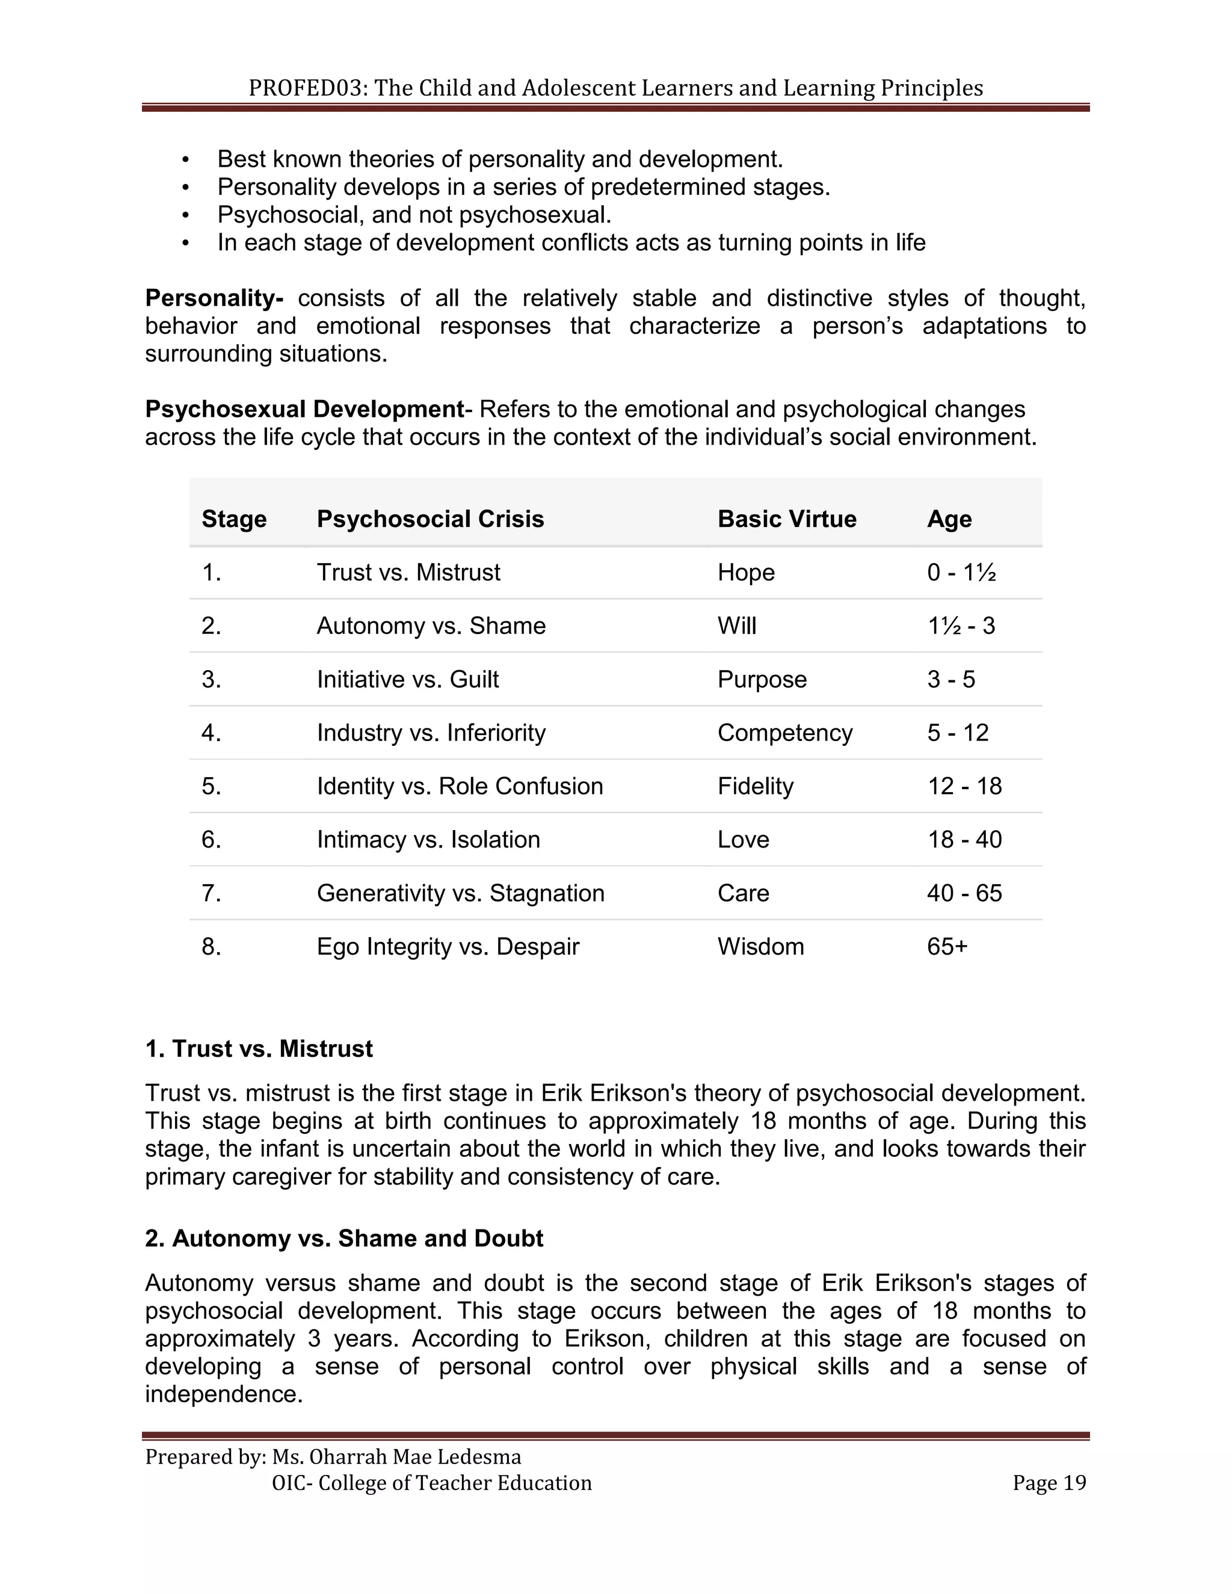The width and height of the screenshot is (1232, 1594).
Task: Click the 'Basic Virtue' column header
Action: coord(786,519)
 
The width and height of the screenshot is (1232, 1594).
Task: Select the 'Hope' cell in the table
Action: coord(745,572)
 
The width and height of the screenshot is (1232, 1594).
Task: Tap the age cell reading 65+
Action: coord(947,947)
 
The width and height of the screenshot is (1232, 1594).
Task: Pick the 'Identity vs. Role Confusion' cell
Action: coord(459,786)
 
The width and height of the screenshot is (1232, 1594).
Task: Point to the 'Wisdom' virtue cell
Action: coord(760,947)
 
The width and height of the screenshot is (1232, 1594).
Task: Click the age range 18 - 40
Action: coord(964,839)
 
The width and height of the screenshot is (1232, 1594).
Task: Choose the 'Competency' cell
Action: coord(784,733)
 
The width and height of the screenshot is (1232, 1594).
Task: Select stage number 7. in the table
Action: coord(211,893)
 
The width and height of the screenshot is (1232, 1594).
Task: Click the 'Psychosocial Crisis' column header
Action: coord(430,519)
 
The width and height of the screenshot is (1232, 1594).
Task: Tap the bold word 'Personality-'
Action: coord(214,298)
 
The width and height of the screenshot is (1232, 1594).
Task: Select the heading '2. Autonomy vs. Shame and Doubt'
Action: coord(343,1239)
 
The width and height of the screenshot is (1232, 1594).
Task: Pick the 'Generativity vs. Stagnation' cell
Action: coord(460,893)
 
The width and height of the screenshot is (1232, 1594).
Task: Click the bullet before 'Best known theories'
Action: coord(185,160)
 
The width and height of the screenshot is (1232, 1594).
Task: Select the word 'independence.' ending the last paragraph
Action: coord(223,1394)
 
